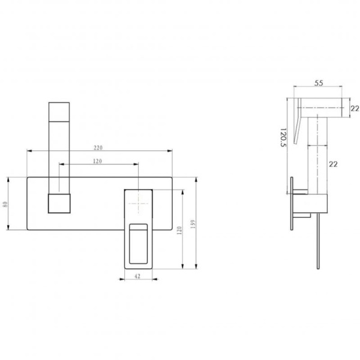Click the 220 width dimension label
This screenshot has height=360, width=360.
pyautogui.click(x=98, y=148)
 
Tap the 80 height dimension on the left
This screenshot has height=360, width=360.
pyautogui.click(x=5, y=204)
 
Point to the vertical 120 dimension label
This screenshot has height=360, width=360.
pyautogui.click(x=179, y=230)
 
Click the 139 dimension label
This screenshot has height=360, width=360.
pyautogui.click(x=193, y=224)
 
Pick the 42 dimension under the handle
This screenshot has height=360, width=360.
pyautogui.click(x=137, y=276)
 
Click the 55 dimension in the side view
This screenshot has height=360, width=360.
pyautogui.click(x=319, y=83)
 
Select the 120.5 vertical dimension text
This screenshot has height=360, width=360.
pyautogui.click(x=283, y=137)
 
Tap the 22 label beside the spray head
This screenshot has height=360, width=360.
pyautogui.click(x=355, y=109)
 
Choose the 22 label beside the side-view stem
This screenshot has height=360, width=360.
pyautogui.click(x=334, y=164)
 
